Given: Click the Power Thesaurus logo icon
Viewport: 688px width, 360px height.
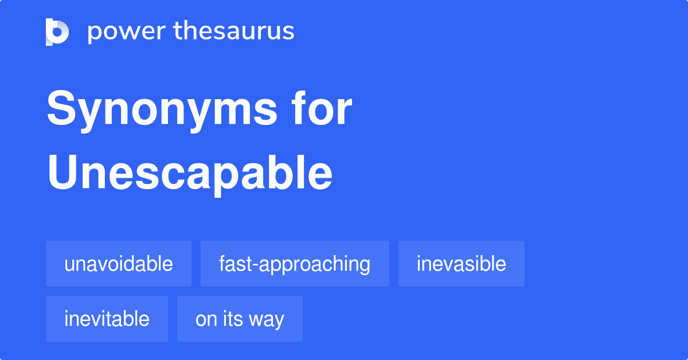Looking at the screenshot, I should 57,32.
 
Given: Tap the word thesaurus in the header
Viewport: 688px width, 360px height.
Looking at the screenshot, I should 234,32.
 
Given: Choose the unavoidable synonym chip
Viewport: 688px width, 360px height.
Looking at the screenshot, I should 119,264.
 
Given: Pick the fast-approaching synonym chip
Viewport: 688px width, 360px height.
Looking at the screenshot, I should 295,264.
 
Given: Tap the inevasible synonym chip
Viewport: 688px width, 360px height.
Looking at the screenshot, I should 461,264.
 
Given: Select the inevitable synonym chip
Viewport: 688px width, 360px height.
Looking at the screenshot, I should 107,319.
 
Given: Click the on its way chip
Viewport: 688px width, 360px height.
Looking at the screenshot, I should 240,319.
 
